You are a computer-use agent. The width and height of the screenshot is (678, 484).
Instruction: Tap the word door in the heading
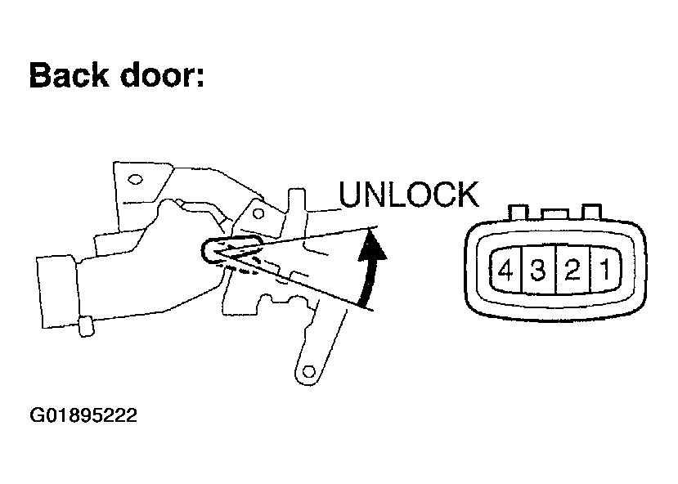tap(155, 76)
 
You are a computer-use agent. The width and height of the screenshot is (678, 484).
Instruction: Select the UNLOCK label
tap(408, 195)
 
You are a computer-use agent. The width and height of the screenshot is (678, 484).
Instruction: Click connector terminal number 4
tap(505, 270)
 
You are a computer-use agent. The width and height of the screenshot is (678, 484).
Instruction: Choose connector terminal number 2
tap(571, 270)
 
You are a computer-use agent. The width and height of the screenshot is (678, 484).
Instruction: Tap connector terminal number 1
tap(604, 270)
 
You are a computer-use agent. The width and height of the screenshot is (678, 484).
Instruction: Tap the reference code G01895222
tap(83, 416)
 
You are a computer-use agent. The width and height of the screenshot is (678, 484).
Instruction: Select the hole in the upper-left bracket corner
tap(136, 180)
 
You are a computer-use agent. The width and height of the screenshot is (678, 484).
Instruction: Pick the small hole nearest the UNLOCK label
tap(258, 214)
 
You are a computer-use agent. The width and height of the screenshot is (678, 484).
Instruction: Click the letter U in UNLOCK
tap(350, 195)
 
